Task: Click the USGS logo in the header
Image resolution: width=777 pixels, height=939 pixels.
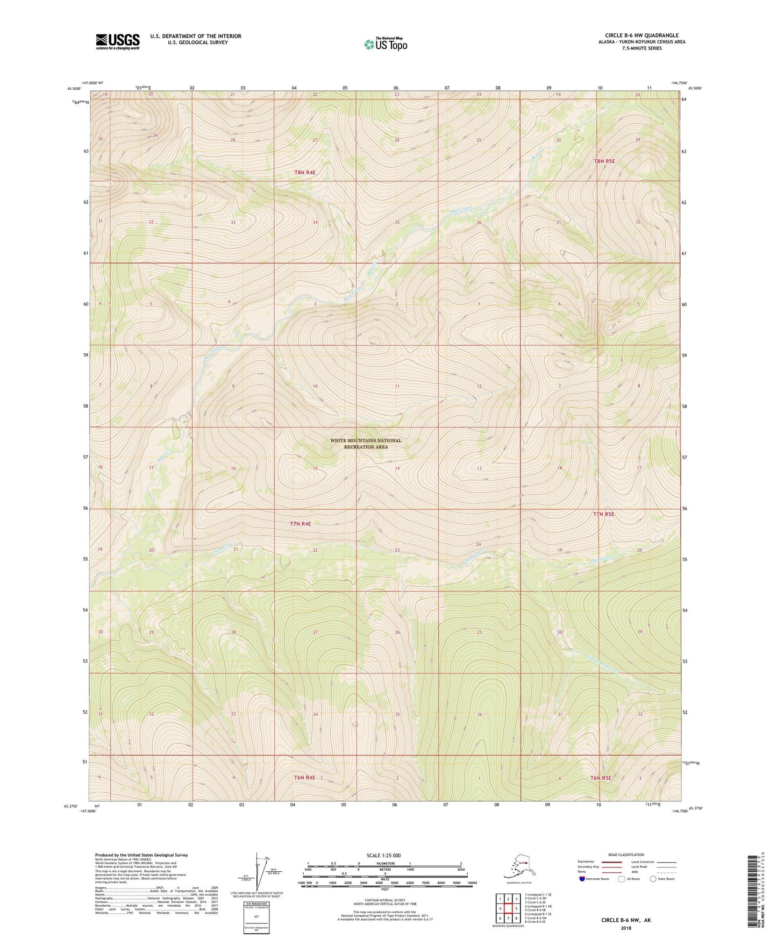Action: (117, 41)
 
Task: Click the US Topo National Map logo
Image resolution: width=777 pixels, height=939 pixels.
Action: (385, 44)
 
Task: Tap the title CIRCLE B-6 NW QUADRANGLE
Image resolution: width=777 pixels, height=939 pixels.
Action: (641, 35)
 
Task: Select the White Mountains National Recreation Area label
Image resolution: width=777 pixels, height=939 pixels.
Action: (366, 443)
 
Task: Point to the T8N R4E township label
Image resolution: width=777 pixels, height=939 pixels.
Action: (305, 173)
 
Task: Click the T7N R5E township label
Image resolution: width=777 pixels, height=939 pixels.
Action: (603, 514)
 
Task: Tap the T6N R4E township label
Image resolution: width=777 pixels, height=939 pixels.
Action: (304, 778)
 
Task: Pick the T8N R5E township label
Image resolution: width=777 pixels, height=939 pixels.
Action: (604, 161)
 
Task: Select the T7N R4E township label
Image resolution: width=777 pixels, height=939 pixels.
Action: (301, 523)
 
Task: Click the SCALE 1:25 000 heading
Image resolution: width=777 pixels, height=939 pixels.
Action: (384, 855)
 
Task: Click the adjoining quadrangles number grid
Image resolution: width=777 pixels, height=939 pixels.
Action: (508, 908)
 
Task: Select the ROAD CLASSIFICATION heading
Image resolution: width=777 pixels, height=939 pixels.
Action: (626, 855)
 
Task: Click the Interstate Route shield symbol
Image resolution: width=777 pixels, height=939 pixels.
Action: (582, 879)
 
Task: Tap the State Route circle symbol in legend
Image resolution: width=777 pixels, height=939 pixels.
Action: (653, 879)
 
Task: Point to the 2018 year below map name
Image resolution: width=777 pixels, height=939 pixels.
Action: (626, 928)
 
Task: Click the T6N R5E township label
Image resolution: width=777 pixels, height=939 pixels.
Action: (602, 778)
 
